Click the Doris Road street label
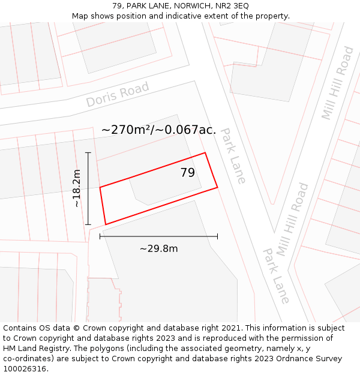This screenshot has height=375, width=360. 117,95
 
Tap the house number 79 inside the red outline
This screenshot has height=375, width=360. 188,173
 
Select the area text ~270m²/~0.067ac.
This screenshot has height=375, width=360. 158,130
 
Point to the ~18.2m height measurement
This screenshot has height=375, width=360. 77,188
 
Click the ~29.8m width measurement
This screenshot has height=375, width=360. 158,248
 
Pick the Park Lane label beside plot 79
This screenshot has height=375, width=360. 233,155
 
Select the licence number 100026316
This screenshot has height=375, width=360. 25,369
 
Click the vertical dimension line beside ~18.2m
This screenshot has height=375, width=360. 88,188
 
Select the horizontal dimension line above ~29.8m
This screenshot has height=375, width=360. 158,236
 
